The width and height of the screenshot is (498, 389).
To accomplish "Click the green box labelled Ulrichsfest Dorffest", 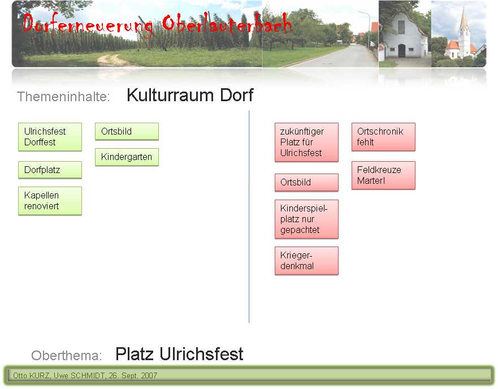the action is click(x=50, y=137).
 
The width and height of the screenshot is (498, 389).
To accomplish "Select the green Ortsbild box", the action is click(x=127, y=132).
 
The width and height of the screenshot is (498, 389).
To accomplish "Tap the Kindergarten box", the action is click(x=127, y=157).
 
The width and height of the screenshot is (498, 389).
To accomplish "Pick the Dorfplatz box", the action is click(x=50, y=170).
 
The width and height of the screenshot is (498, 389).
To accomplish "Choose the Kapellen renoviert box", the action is click(x=50, y=201).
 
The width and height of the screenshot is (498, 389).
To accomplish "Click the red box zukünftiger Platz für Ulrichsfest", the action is click(x=306, y=142).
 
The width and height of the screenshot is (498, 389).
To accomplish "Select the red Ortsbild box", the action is click(x=306, y=183).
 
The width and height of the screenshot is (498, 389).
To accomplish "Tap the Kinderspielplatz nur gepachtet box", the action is click(x=306, y=219).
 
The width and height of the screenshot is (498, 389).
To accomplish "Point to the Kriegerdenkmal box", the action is click(x=306, y=261).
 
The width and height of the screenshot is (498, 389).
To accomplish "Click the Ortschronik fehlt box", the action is click(x=383, y=137).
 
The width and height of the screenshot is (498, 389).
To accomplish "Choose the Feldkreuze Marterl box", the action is click(x=383, y=175).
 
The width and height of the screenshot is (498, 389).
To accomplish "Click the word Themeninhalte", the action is click(x=63, y=97).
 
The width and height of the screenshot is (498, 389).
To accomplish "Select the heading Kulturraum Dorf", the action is click(x=190, y=95).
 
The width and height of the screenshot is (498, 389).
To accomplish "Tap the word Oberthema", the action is click(x=67, y=355).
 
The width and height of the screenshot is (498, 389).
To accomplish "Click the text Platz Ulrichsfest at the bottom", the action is click(x=179, y=354).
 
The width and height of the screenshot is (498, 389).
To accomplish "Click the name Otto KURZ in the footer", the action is click(x=32, y=375).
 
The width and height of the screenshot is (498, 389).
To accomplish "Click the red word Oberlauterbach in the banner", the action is click(x=227, y=24).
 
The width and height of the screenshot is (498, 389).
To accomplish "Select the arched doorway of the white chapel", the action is click(x=402, y=51).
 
